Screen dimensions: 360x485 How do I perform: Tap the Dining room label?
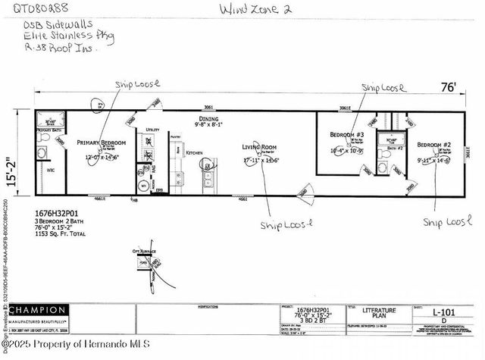208,119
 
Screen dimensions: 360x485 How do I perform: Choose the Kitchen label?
194,152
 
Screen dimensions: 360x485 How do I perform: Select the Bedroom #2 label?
436,144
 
